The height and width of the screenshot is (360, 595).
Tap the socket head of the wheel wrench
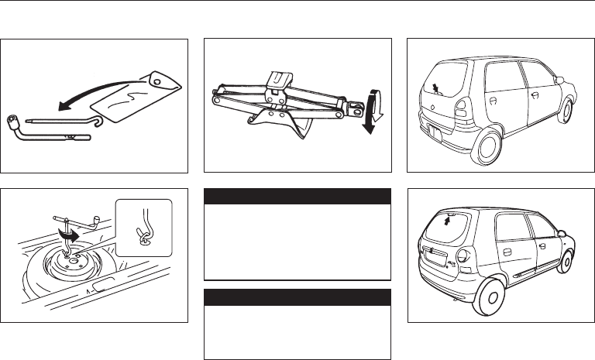(14, 121)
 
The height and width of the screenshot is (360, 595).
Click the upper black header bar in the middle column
(297, 196)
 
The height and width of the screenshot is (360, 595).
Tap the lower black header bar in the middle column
(297, 296)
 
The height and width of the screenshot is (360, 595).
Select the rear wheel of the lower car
(490, 297)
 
